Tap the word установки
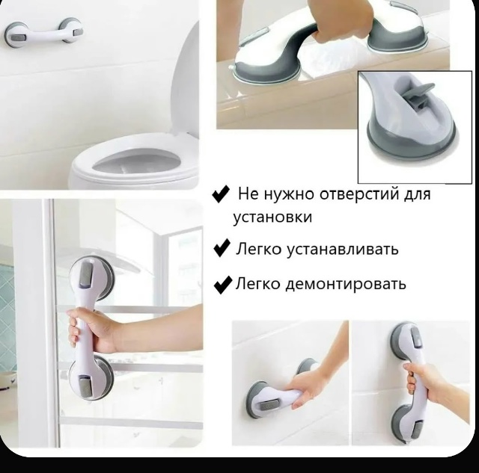272,217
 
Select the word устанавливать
342,250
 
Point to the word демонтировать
346,284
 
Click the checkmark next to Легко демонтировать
223,285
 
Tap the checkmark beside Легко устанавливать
222,248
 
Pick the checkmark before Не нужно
221,194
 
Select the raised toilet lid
186,79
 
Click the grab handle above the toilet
43,33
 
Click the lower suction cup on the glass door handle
91,377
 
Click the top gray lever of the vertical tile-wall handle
416,337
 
